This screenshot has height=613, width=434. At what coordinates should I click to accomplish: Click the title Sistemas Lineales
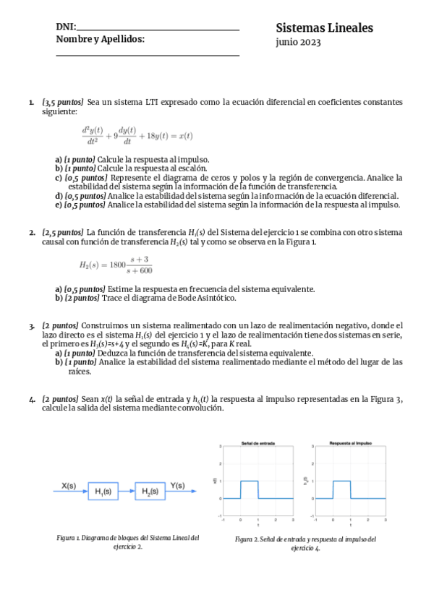(324, 28)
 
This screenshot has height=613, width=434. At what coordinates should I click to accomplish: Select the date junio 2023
(298, 43)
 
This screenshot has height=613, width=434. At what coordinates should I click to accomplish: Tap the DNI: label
(66, 27)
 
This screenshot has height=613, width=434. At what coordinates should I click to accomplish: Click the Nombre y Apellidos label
(100, 39)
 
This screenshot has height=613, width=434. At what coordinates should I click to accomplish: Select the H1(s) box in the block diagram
(103, 492)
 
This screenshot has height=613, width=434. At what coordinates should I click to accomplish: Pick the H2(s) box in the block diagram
(150, 492)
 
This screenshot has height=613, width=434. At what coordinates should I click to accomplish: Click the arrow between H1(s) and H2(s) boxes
(126, 492)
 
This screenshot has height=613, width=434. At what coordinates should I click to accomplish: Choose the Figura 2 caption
(305, 544)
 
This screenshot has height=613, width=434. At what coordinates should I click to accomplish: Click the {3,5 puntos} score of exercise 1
(63, 103)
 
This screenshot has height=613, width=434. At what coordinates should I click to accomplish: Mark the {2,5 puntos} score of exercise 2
(63, 232)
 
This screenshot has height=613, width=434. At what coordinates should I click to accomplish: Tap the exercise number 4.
(32, 399)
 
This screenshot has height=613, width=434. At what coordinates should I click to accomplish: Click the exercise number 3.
(32, 327)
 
